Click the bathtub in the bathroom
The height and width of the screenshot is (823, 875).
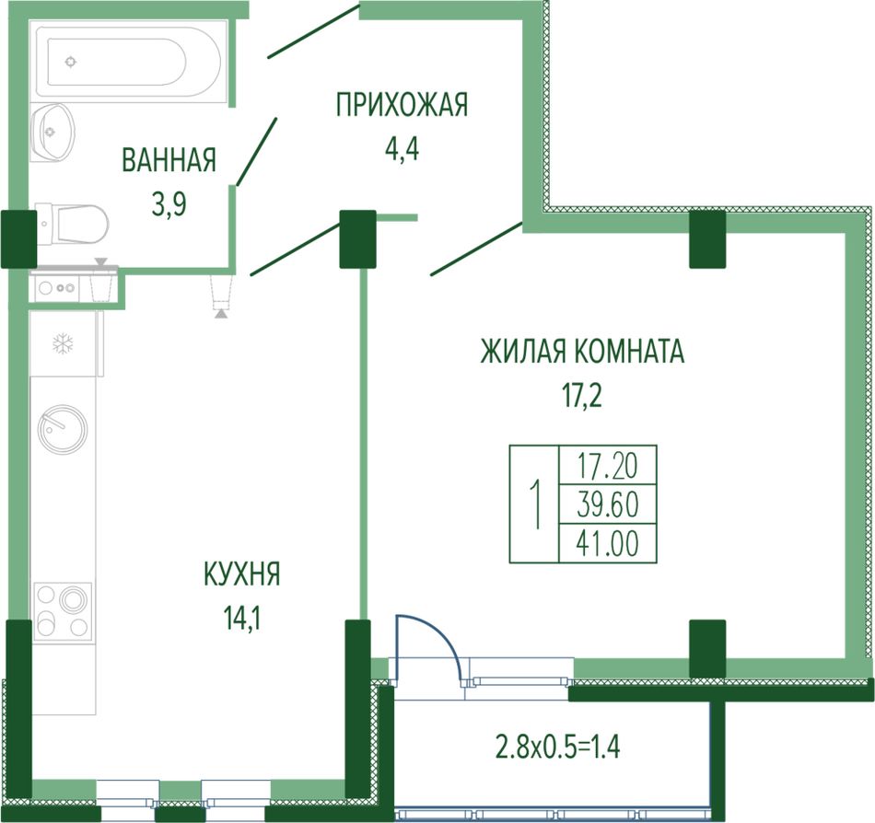coord(128,60)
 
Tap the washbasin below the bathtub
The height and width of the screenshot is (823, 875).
coord(52,133)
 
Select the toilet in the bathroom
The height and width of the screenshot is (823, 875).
coord(72,224)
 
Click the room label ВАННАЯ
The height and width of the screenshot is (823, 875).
coord(169,160)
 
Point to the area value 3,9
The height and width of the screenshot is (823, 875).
coord(169,204)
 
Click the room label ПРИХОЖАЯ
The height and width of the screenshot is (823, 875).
coord(402,105)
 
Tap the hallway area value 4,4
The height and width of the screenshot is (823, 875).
coord(402,149)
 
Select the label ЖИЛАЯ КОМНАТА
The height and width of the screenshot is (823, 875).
coord(582,352)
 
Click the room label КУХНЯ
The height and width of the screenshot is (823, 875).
coord(242,574)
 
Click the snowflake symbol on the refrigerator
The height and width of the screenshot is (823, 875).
coord(63,343)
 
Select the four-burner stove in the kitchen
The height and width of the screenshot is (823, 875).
coord(63,611)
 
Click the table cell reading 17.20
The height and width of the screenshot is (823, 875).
coord(608,466)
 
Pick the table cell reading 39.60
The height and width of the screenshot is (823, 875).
coord(608,504)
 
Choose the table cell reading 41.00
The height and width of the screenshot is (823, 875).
coord(608,543)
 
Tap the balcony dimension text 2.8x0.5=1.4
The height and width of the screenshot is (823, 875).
coord(558,748)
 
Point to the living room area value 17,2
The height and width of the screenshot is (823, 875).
coord(581,396)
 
